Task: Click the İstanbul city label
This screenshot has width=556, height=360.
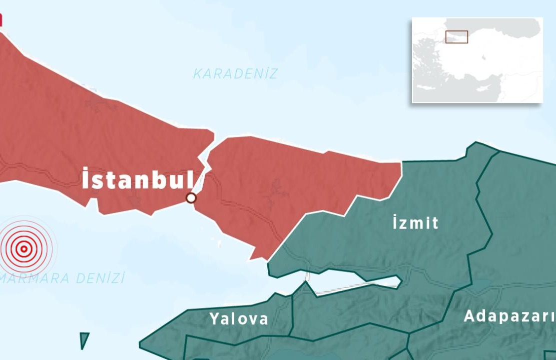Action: (x=138, y=179)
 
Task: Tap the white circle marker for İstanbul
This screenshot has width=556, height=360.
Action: (x=191, y=198)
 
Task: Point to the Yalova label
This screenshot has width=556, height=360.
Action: (x=239, y=318)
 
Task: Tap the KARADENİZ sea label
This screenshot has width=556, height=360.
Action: (x=235, y=74)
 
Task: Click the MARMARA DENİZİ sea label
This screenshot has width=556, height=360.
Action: (x=63, y=278)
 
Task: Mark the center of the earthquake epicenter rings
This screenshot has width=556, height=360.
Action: (x=24, y=248)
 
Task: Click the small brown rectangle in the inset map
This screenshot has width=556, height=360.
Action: (x=456, y=37)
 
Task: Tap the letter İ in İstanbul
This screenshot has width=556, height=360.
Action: (x=87, y=179)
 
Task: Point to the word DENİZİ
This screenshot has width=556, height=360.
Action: (x=100, y=278)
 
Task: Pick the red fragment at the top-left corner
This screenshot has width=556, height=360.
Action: (x=1, y=19)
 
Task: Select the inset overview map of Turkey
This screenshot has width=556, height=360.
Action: (x=477, y=60)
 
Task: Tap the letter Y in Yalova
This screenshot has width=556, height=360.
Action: (x=215, y=318)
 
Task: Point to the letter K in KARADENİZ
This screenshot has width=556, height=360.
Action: (x=197, y=74)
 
